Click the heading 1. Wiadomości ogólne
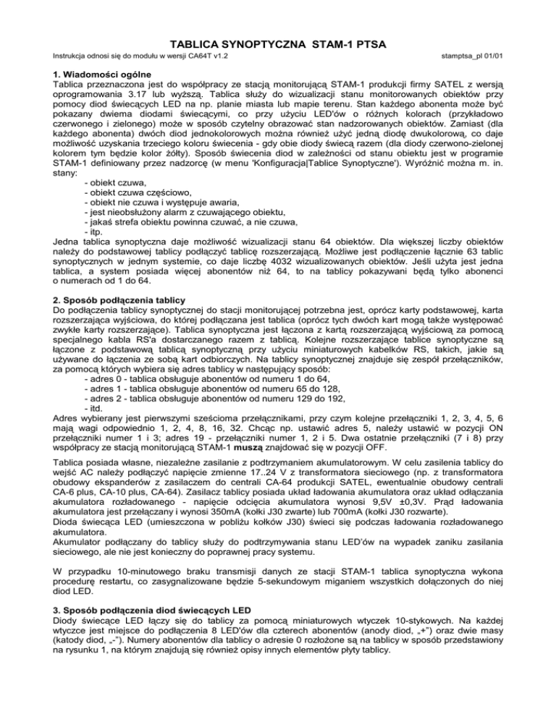point(101,75)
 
